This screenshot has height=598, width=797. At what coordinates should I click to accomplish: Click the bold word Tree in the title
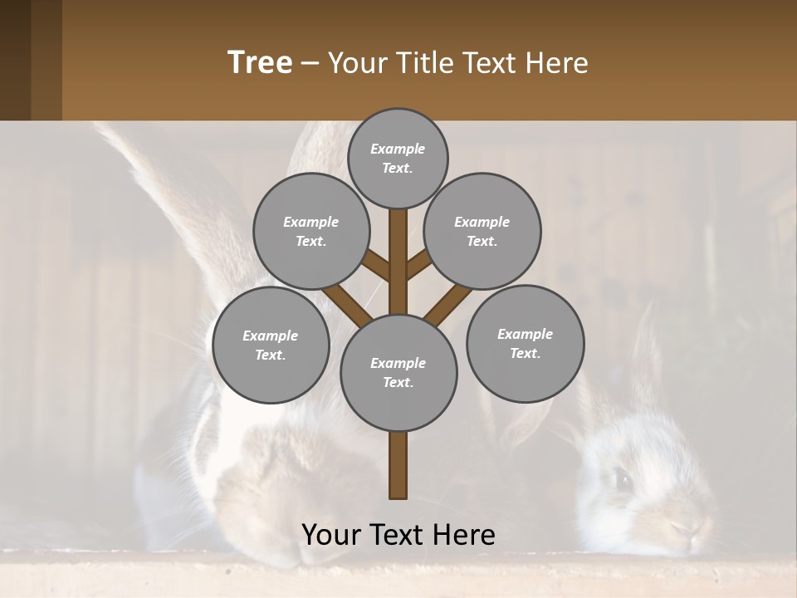tap(260, 62)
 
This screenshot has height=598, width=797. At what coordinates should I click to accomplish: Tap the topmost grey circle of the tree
tap(398, 158)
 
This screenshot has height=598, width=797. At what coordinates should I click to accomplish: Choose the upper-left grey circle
tap(310, 231)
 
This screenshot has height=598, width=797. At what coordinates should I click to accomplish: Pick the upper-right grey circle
tap(482, 231)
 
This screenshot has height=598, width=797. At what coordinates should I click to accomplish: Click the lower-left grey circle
tap(271, 345)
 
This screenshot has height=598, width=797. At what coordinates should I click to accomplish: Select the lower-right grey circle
tap(525, 343)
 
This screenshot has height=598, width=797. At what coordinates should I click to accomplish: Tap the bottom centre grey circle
tap(398, 372)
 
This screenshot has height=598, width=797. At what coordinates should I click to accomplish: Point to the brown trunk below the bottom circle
tap(398, 465)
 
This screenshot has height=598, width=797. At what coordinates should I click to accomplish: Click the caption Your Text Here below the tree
tap(398, 535)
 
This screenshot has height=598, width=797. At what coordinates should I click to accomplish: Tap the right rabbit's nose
tap(681, 527)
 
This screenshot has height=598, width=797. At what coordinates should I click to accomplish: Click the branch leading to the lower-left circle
tap(345, 304)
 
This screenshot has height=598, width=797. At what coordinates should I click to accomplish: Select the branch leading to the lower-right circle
tap(448, 304)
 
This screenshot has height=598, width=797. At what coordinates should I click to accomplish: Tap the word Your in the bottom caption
tap(331, 535)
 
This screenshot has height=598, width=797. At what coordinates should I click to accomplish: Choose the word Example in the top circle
tap(398, 149)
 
